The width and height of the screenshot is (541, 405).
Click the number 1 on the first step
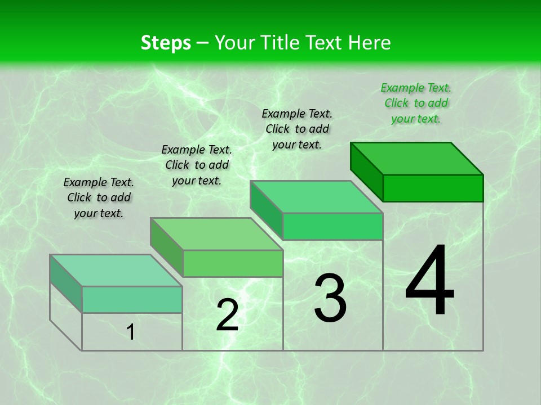pyautogui.click(x=131, y=332)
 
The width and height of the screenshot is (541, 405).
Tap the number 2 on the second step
pyautogui.click(x=228, y=315)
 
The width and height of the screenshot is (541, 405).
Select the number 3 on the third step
pyautogui.click(x=330, y=298)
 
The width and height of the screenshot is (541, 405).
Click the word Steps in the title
pyautogui.click(x=166, y=43)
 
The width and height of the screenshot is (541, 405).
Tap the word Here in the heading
pyautogui.click(x=369, y=43)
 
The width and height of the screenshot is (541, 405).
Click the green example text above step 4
pyautogui.click(x=416, y=103)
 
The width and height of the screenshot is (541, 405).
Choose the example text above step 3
pyautogui.click(x=297, y=129)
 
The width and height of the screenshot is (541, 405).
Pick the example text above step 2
pyautogui.click(x=197, y=165)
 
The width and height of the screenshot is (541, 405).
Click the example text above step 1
pyautogui.click(x=99, y=197)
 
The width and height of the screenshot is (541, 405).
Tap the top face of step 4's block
pyautogui.click(x=417, y=159)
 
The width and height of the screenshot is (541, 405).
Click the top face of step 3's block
pyautogui.click(x=317, y=197)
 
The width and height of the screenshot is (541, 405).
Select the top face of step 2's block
pyautogui.click(x=216, y=234)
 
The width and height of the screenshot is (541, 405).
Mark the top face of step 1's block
pyautogui.click(x=116, y=271)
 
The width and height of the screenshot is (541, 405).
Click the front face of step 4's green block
pyautogui.click(x=433, y=188)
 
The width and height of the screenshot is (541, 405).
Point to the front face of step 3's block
pyautogui.click(x=332, y=226)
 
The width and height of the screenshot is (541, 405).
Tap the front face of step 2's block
pyautogui.click(x=233, y=263)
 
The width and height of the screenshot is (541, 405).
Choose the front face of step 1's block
pyautogui.click(x=132, y=299)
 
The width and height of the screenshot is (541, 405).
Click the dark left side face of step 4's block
pyautogui.click(x=367, y=170)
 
